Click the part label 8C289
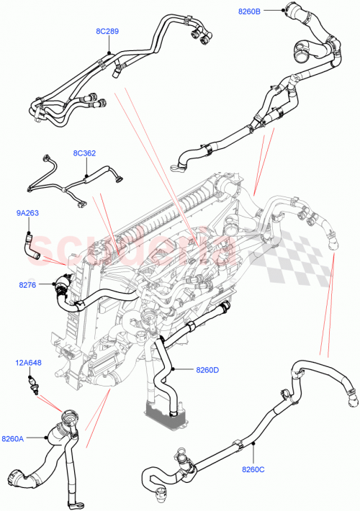(107, 32)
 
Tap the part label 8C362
(85, 153)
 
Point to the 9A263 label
(28, 213)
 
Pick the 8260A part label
(13, 438)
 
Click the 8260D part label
(207, 370)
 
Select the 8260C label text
(253, 470)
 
